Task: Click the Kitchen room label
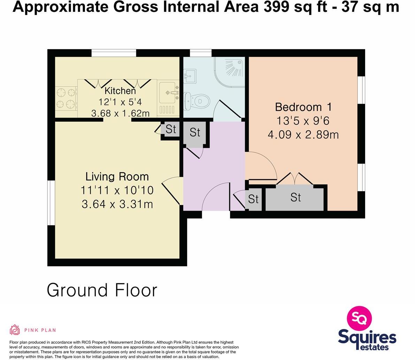(120, 91)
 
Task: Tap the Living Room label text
(117, 177)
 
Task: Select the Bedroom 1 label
(303, 107)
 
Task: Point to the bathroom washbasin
(190, 75)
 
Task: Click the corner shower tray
(230, 70)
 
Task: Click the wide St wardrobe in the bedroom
(295, 198)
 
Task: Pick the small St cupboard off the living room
(170, 129)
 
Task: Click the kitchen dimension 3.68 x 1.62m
(120, 113)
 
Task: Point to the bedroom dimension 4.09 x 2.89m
(303, 135)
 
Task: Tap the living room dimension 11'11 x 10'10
(117, 190)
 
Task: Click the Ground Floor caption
(102, 290)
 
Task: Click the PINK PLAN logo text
(40, 330)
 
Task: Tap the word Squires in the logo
(367, 338)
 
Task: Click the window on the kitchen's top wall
(114, 53)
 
